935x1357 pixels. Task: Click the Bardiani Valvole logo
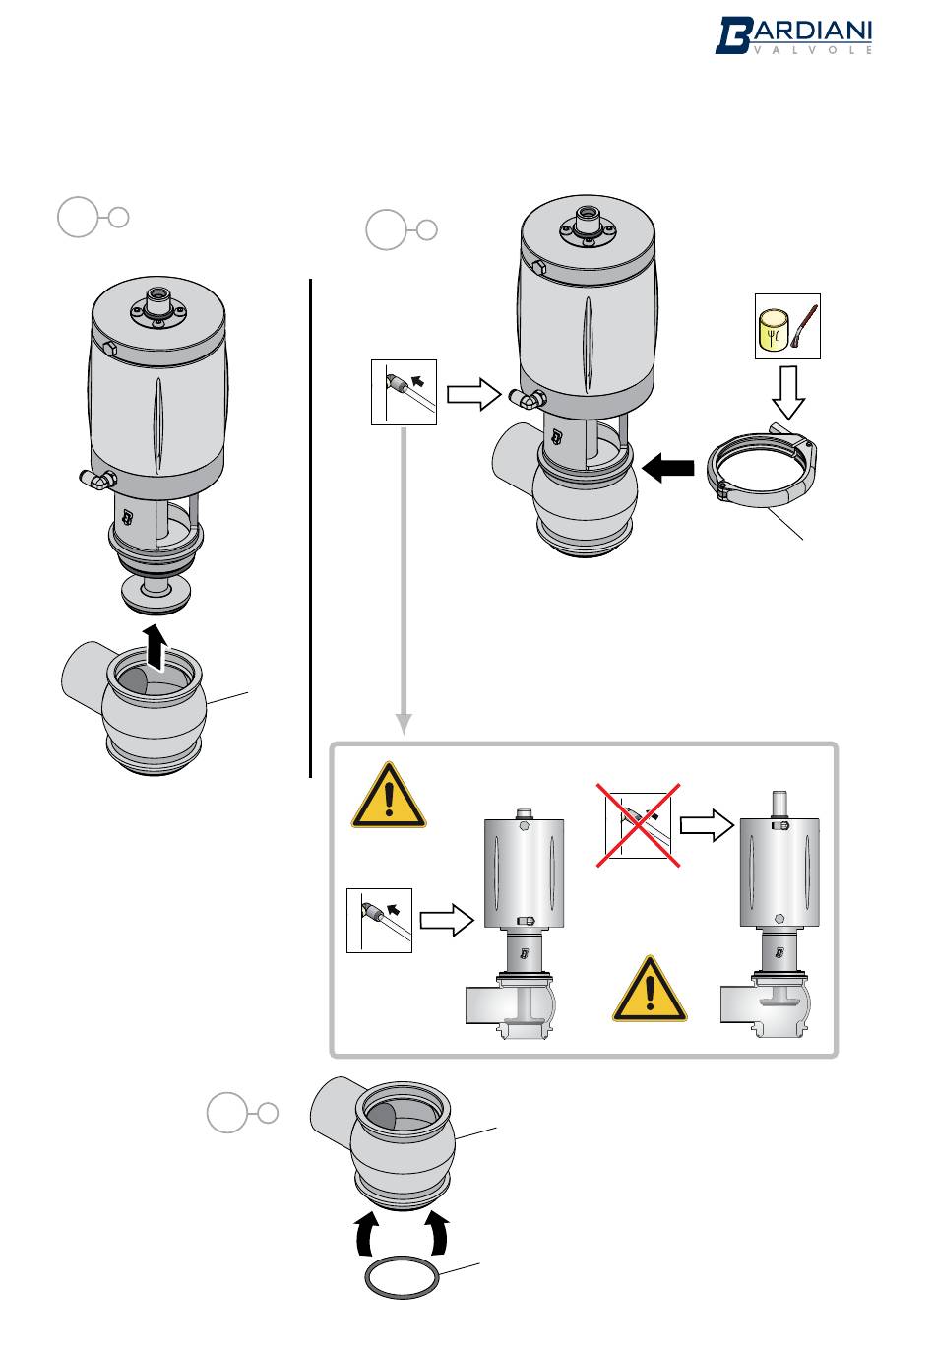793,35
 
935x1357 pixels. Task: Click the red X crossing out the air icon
638,825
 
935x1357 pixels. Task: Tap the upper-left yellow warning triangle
389,797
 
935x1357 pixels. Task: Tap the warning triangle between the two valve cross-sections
650,990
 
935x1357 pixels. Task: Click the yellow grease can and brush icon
787,326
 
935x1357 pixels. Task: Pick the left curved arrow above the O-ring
367,1235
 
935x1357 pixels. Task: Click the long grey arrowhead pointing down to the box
403,724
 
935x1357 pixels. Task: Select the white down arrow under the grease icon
787,393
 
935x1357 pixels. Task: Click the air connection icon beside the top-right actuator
404,392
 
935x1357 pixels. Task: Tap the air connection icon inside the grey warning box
379,920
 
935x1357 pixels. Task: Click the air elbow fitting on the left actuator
96,479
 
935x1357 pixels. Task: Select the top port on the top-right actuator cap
589,213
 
